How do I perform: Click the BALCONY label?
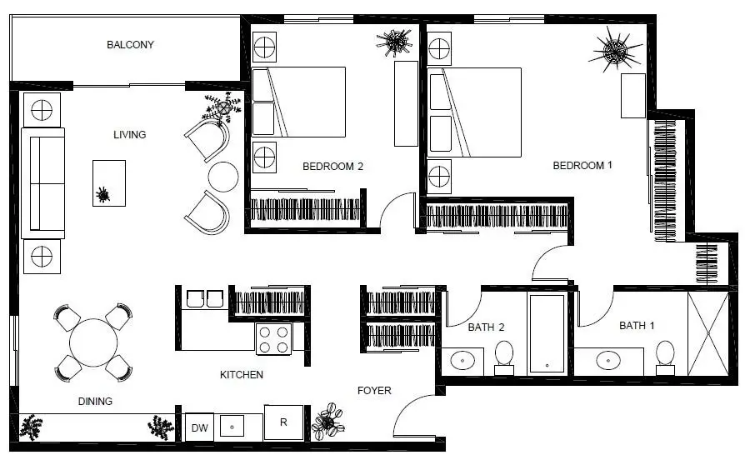click(130, 45)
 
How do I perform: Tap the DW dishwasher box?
click(199, 427)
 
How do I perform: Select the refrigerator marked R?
click(283, 422)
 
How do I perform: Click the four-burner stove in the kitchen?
click(274, 339)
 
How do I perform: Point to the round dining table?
click(93, 342)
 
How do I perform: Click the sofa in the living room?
click(47, 182)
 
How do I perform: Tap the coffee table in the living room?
click(109, 183)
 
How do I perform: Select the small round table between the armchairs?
click(223, 177)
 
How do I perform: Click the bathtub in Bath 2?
click(547, 332)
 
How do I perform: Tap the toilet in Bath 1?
click(664, 354)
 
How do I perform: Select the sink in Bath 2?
click(462, 361)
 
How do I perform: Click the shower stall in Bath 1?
click(708, 333)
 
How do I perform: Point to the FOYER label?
click(374, 390)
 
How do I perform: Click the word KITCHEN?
click(242, 375)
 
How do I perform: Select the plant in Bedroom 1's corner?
click(615, 50)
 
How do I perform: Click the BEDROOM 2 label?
click(332, 167)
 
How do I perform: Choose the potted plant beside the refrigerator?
click(327, 422)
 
